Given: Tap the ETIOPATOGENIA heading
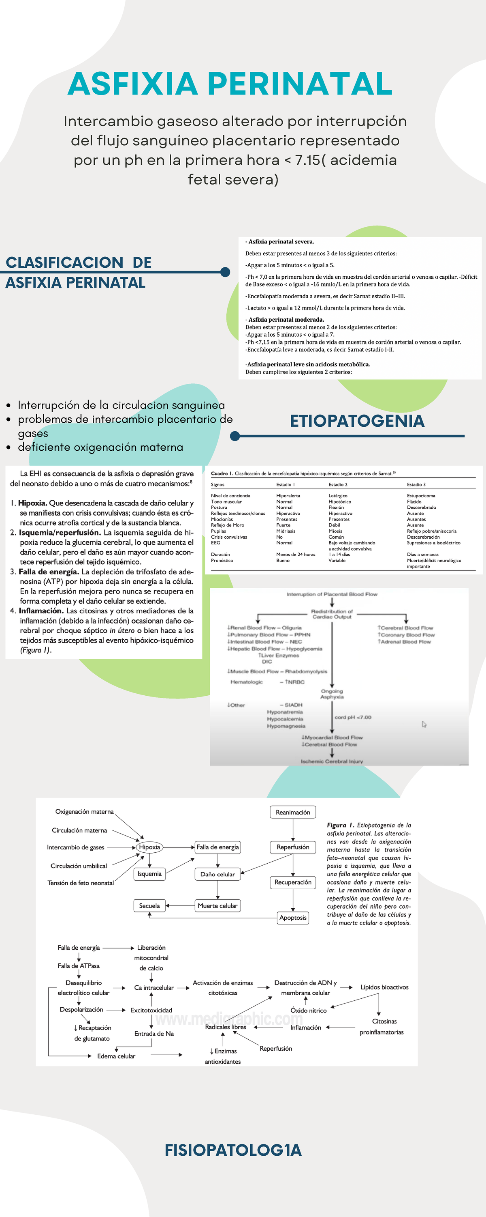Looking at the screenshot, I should pyautogui.click(x=357, y=421).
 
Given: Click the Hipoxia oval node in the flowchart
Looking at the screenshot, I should pyautogui.click(x=149, y=847).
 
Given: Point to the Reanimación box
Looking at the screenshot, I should pyautogui.click(x=292, y=812).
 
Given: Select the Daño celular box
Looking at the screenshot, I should pyautogui.click(x=217, y=874).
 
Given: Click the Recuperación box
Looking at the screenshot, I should pyautogui.click(x=292, y=882).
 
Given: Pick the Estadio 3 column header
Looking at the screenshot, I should pyautogui.click(x=416, y=484).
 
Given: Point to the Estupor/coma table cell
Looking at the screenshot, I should pyautogui.click(x=421, y=496).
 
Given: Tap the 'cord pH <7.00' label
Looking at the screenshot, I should pyautogui.click(x=353, y=717).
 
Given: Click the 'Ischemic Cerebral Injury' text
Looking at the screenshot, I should pyautogui.click(x=332, y=761).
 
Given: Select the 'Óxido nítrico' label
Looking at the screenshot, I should pyautogui.click(x=308, y=1011).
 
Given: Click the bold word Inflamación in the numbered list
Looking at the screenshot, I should pyautogui.click(x=41, y=611).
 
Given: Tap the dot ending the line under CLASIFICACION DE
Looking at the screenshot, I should pyautogui.click(x=225, y=272).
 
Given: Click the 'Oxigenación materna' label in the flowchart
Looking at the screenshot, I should pyautogui.click(x=85, y=812).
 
